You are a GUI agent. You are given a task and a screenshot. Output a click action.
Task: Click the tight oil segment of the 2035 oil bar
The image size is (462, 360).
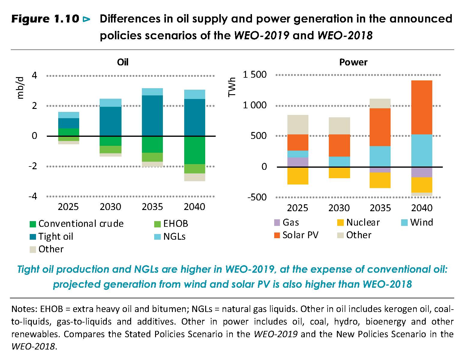pyautogui.click(x=152, y=115)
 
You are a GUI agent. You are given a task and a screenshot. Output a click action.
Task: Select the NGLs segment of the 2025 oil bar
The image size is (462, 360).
pyautogui.click(x=69, y=115)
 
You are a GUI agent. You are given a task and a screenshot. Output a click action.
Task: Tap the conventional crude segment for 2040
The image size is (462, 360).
pyautogui.click(x=194, y=150)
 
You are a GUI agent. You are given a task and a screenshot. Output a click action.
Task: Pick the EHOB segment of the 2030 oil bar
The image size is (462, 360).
pyautogui.click(x=111, y=149)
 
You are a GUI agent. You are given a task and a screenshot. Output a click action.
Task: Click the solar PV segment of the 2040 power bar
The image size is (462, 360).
pyautogui.click(x=422, y=107)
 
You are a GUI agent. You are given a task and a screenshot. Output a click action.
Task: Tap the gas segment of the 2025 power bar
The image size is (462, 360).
pyautogui.click(x=298, y=162)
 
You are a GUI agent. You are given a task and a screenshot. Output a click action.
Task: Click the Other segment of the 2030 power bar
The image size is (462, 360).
pyautogui.click(x=339, y=126)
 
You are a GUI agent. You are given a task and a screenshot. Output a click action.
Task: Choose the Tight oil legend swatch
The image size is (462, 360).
pyautogui.click(x=33, y=237)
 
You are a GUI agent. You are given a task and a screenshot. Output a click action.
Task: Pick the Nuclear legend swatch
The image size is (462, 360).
pyautogui.click(x=340, y=223)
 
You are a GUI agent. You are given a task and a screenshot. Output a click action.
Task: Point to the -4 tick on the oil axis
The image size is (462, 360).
pyautogui.click(x=33, y=196)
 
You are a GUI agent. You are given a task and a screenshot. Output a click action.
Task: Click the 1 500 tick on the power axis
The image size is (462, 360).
pyautogui.click(x=255, y=74)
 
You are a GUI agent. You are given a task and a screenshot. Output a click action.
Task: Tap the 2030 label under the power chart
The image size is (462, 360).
pyautogui.click(x=339, y=208)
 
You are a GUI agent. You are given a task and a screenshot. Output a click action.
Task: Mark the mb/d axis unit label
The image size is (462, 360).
pyautogui.click(x=20, y=88)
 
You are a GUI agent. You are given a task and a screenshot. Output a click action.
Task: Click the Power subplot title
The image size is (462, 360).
pyautogui.click(x=353, y=62)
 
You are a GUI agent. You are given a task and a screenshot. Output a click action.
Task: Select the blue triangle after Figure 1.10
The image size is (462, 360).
pyautogui.click(x=86, y=19)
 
